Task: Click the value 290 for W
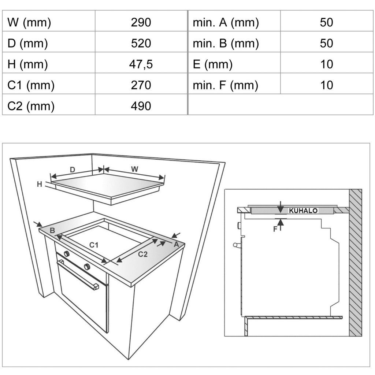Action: tap(141, 22)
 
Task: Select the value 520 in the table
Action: tap(141, 43)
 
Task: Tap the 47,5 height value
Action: tap(141, 64)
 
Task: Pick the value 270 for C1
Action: tap(141, 85)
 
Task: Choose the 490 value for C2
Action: tap(141, 106)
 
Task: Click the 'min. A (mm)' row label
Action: tap(226, 23)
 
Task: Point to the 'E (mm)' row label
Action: tap(213, 64)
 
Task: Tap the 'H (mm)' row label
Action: tap(27, 64)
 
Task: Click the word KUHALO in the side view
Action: tap(303, 211)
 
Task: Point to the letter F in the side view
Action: tap(275, 229)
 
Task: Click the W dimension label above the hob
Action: tap(135, 169)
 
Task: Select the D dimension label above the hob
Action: tap(73, 170)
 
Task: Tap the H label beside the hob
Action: tap(40, 184)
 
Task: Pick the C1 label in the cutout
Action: tap(94, 245)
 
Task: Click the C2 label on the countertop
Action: tap(143, 254)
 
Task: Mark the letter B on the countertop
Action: tap(52, 231)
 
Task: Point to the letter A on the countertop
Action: tap(176, 244)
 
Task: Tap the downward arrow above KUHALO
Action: tap(281, 207)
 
